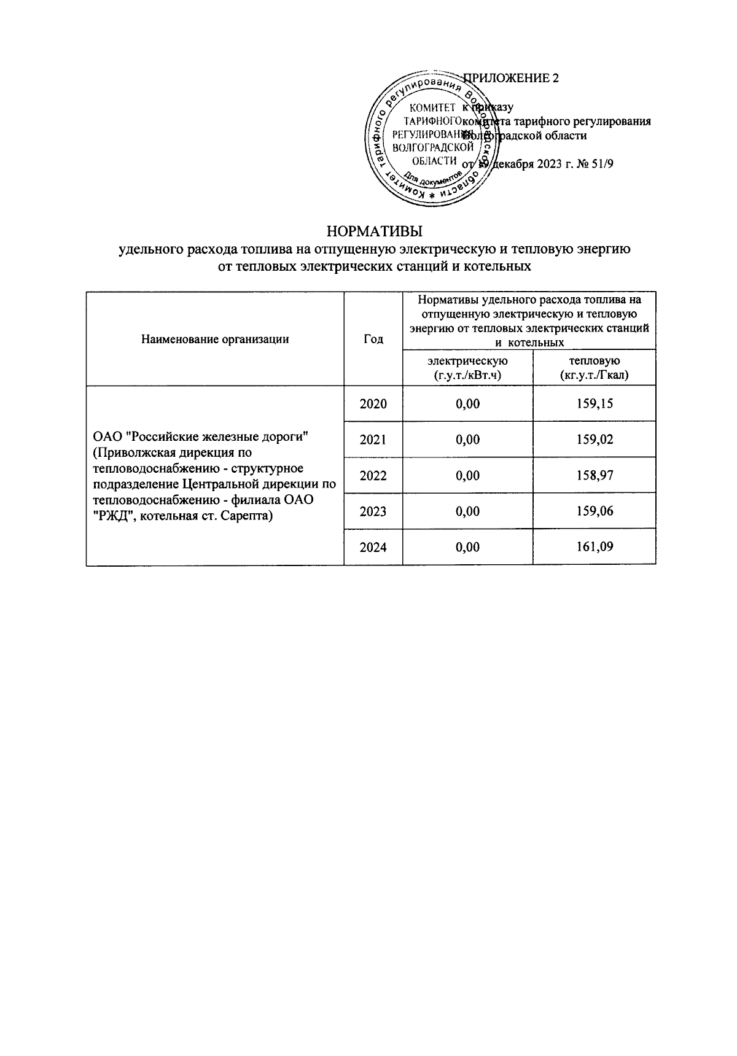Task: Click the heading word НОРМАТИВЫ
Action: tap(375, 232)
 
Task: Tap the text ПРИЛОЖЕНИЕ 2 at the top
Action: tap(512, 78)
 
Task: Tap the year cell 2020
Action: tap(373, 404)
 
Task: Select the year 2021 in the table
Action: tap(373, 440)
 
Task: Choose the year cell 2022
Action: tap(373, 476)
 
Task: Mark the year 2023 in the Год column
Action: tap(373, 511)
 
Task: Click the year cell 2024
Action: tap(373, 547)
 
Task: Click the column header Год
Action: tap(373, 339)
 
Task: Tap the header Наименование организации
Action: tap(215, 339)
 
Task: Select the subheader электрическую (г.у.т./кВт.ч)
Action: tap(467, 367)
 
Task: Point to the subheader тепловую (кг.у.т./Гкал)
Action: tap(594, 367)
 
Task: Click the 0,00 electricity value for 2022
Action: tap(467, 476)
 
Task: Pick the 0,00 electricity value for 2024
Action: tap(467, 547)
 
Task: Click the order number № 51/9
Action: tap(596, 163)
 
